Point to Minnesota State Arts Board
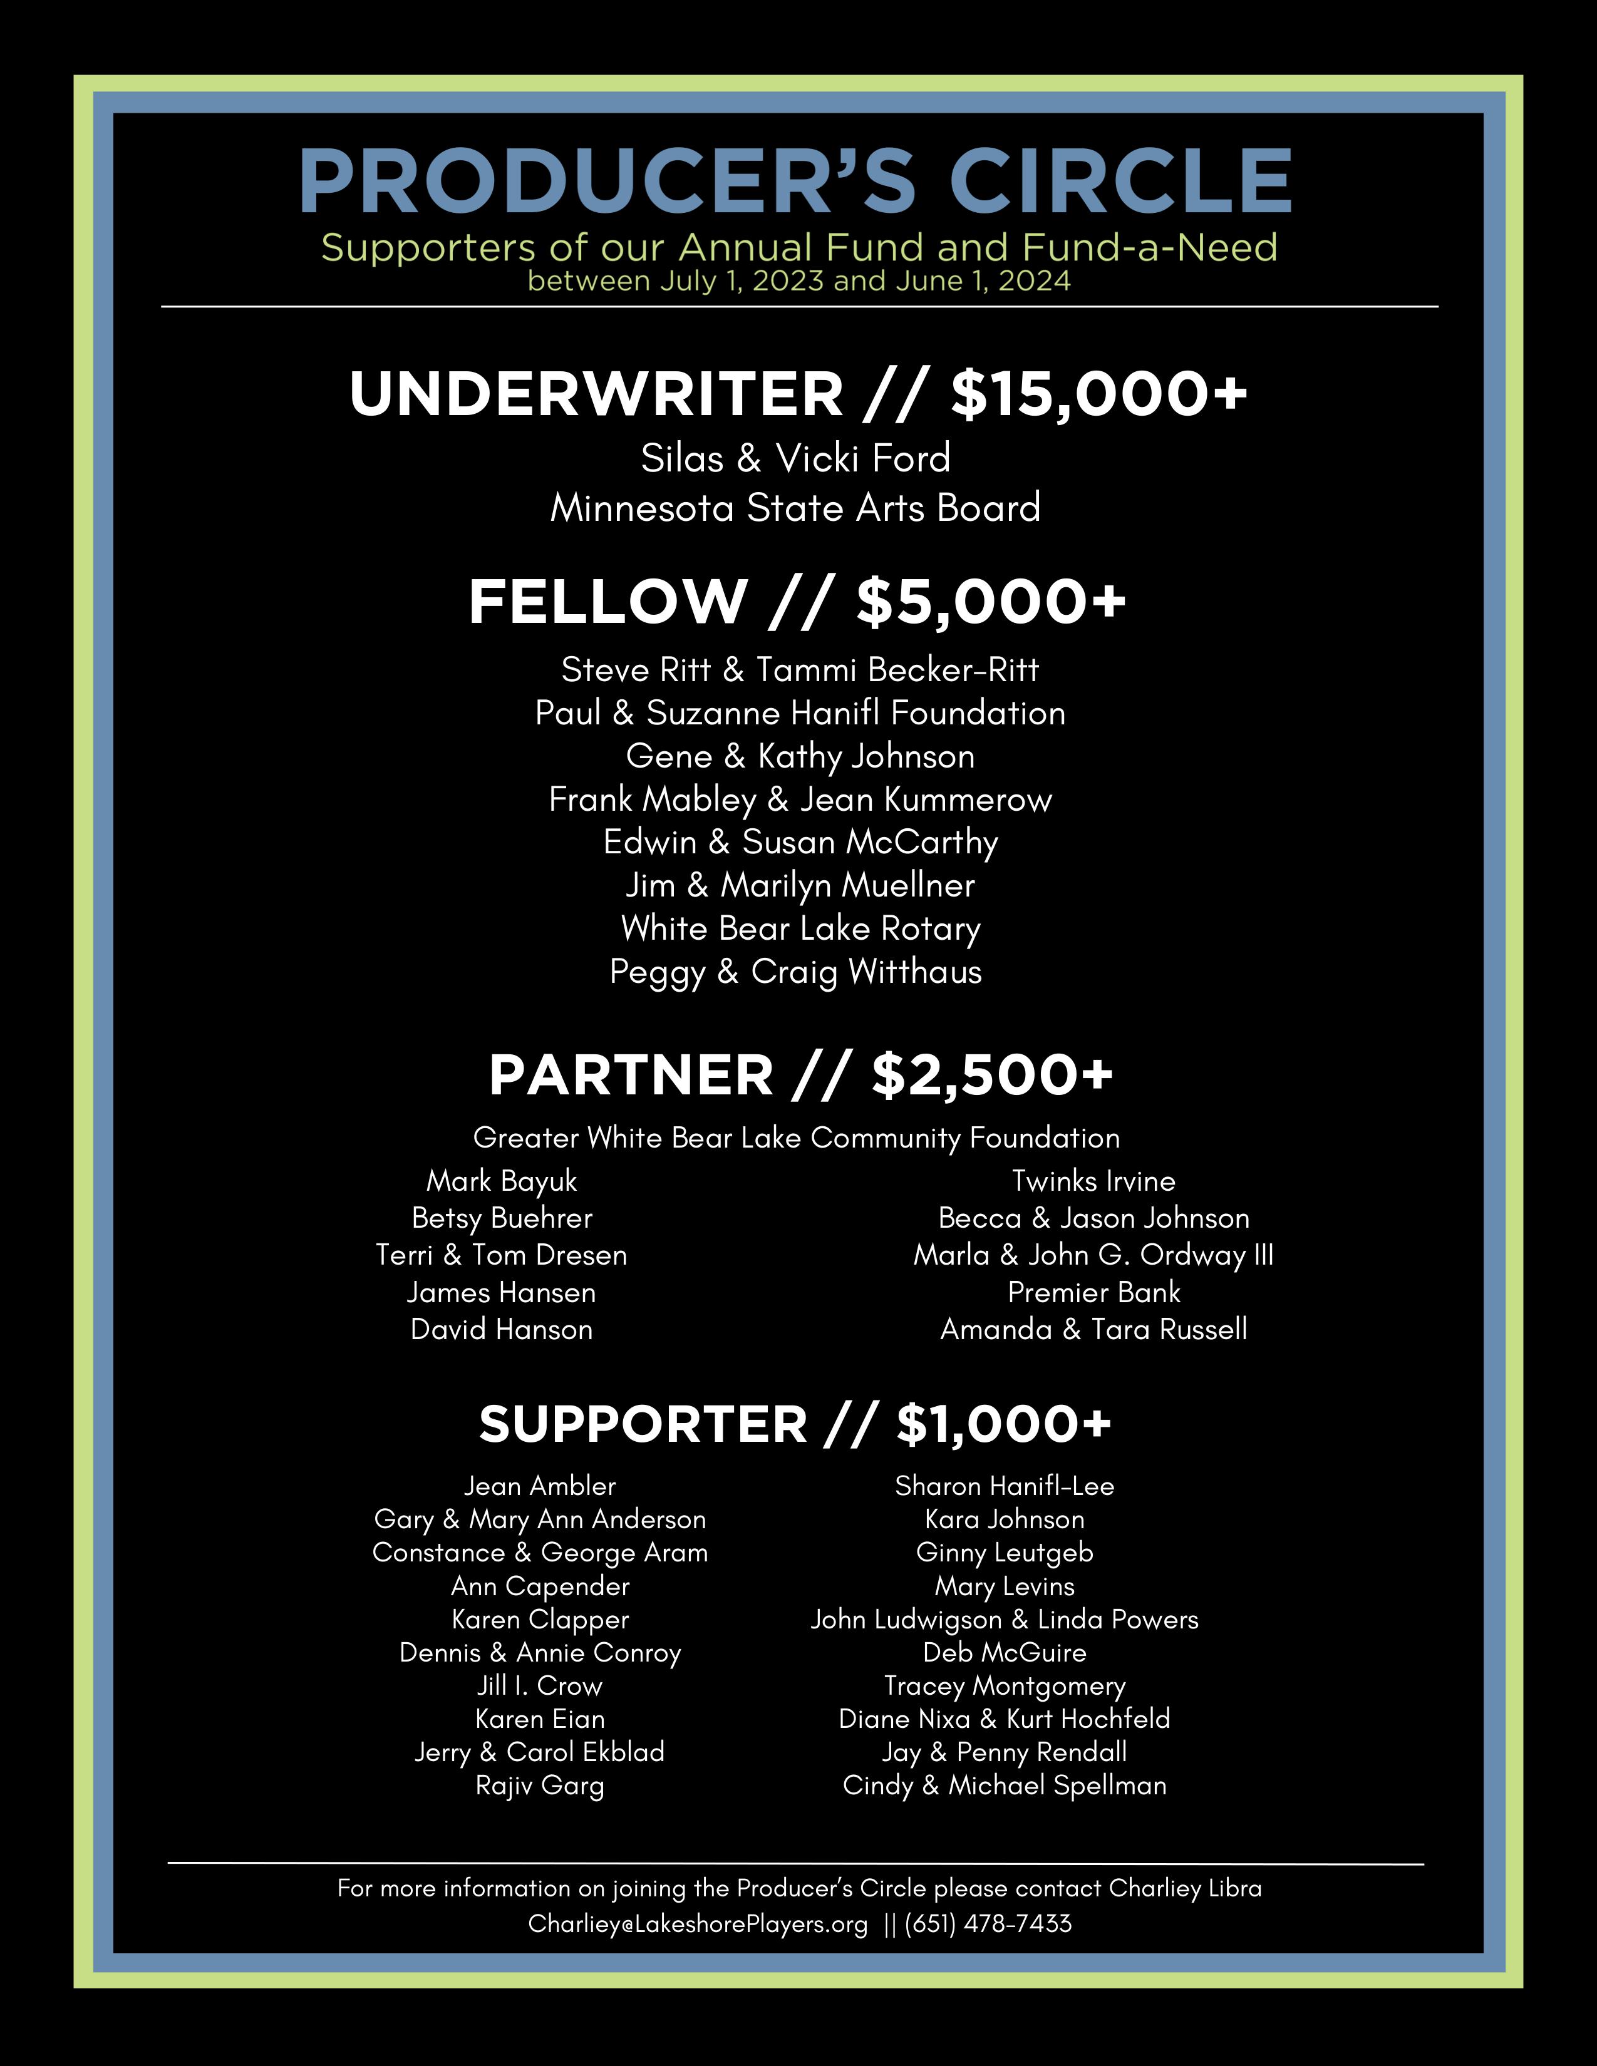tap(795, 508)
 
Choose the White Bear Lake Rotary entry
tap(800, 928)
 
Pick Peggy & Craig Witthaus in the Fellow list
tap(795, 972)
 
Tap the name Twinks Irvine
tap(1093, 1181)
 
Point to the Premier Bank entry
tap(1093, 1292)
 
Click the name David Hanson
tap(502, 1329)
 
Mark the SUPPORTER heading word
tap(643, 1424)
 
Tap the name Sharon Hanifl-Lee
tap(1005, 1486)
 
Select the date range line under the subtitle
tap(798, 281)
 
